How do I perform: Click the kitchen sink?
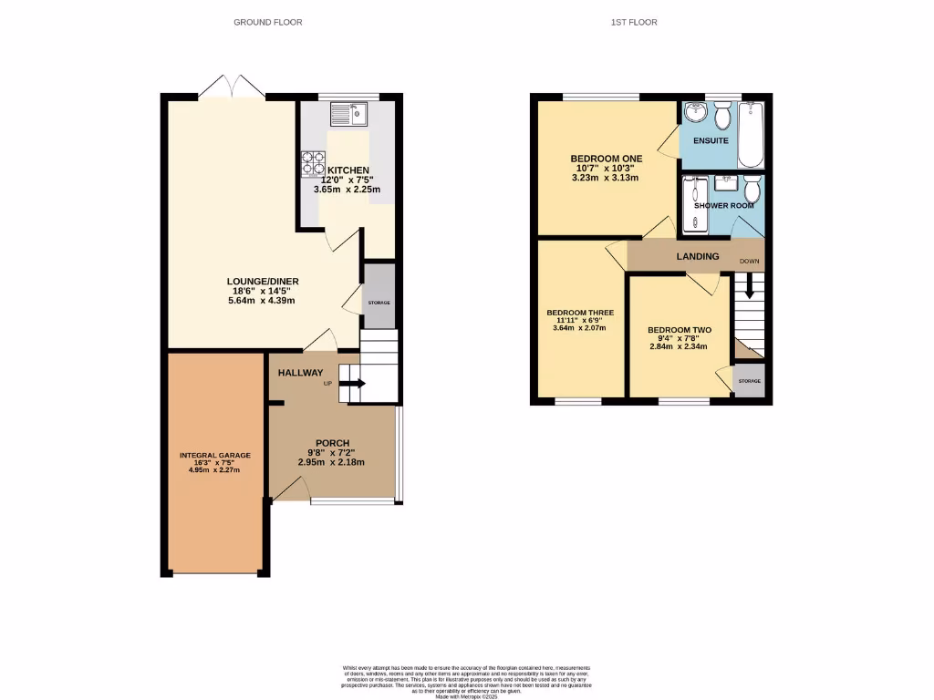tap(348, 113)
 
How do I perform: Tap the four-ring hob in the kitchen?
tap(313, 161)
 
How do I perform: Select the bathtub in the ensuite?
tap(751, 134)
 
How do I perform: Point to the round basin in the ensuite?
tap(696, 114)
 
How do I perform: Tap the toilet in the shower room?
tap(751, 190)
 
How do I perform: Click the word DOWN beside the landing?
tap(749, 262)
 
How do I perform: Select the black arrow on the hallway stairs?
tap(352, 384)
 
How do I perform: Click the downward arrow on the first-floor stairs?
tap(749, 288)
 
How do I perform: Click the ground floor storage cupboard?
tap(379, 295)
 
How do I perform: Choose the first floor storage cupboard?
tap(749, 381)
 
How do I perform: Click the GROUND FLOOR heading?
tap(268, 22)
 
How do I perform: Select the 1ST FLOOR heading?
tap(634, 22)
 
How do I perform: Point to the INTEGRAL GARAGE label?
tap(214, 455)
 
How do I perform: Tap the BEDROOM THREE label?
tap(580, 313)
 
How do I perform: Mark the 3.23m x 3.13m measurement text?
tap(606, 179)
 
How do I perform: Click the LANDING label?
tap(697, 257)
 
